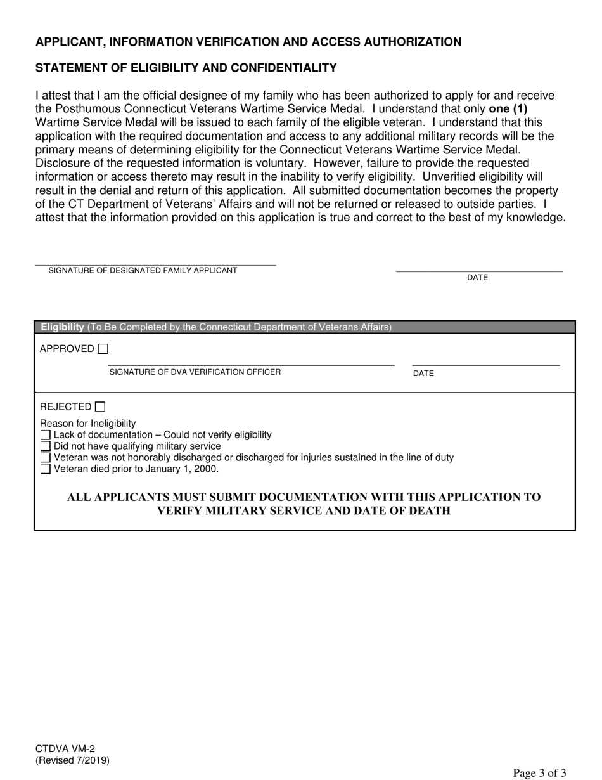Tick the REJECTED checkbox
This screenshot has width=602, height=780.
pos(100,407)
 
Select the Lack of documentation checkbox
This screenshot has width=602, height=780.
pos(45,435)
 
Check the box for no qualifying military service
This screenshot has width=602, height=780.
pos(45,446)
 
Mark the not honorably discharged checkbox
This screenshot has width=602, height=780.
pos(45,457)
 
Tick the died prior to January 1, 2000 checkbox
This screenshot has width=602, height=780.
pos(45,469)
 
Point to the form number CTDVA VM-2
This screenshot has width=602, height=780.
pos(65,749)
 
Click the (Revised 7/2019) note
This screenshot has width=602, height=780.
pos(72,760)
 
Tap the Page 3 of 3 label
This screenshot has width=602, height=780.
pos(539,772)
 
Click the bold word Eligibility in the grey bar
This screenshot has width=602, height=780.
pos(63,327)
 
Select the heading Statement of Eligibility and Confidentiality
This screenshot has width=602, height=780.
pos(186,68)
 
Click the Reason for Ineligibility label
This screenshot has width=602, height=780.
pos(87,424)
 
